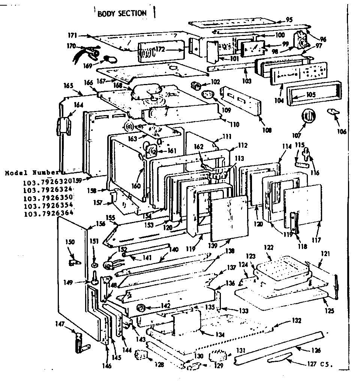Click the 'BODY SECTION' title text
tap(122, 13)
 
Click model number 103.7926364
tap(48, 213)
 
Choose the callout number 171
tap(72, 35)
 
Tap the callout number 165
tap(68, 85)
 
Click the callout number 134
tap(220, 334)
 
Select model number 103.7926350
tap(48, 198)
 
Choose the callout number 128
tap(160, 364)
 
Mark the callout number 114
tap(287, 147)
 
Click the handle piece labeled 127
tap(281, 360)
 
